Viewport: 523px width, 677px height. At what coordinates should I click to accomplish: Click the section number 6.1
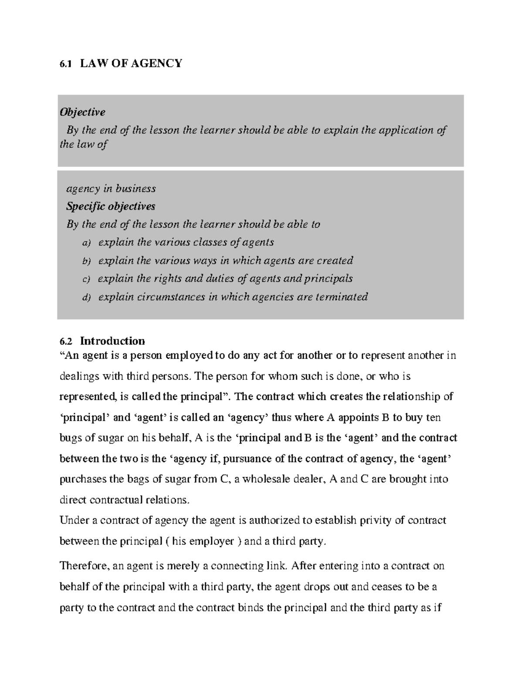tap(65, 64)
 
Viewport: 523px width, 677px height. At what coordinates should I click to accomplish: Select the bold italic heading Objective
tap(82, 112)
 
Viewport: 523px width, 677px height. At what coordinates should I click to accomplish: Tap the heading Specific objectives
tap(111, 206)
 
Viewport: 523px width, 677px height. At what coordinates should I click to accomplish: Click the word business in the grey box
tap(135, 189)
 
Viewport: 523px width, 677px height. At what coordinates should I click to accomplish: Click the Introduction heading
tap(112, 340)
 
